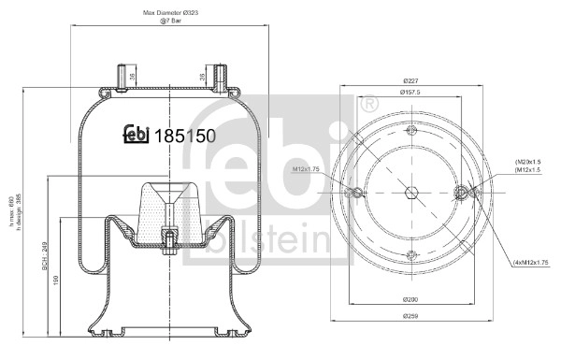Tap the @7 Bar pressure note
[168, 20]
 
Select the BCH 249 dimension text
[44, 254]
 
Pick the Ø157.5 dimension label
[410, 93]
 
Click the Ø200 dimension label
[410, 299]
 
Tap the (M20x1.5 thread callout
[529, 162]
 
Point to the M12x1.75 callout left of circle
[308, 169]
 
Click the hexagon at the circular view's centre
[410, 193]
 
